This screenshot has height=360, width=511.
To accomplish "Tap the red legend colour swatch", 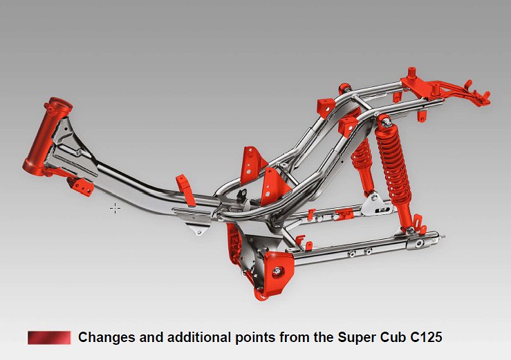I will pyautogui.click(x=49, y=337).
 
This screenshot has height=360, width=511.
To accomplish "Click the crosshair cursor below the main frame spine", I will pyautogui.click(x=115, y=207).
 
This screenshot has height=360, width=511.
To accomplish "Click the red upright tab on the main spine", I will pyautogui.click(x=183, y=185).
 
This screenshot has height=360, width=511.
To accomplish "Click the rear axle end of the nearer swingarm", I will pyautogui.click(x=420, y=243).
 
